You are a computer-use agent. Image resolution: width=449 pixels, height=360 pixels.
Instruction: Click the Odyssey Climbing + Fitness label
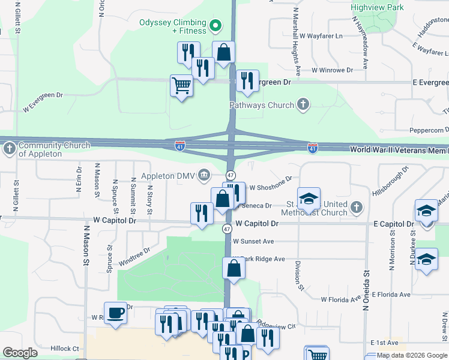tap(172, 26)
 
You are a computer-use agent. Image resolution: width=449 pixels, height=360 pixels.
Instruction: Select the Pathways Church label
tap(262, 105)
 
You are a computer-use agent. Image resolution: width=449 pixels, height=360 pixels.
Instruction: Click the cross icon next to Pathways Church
tap(303, 105)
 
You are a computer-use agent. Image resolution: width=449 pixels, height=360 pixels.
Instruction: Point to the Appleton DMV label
tap(169, 176)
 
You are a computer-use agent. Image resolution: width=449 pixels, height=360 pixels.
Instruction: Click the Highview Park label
tap(378, 8)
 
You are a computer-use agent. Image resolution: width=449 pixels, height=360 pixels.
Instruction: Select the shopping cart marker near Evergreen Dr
tap(181, 85)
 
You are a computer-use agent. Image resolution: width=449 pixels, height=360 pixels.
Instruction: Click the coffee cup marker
tap(115, 313)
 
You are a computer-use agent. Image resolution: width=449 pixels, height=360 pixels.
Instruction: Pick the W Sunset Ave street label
tap(253, 241)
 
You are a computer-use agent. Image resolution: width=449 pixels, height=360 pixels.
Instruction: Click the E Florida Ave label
tap(391, 295)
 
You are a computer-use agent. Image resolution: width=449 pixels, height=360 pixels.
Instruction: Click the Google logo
tap(20, 353)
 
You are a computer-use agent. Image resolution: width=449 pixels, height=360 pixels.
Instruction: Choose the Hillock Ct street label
tap(65, 348)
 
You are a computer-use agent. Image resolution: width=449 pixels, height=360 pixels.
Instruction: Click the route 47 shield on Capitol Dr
tap(227, 229)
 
